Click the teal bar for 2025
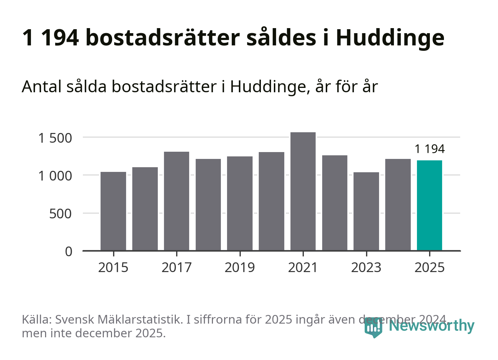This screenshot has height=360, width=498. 429,205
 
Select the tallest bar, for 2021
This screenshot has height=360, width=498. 303,191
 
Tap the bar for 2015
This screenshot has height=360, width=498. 113,211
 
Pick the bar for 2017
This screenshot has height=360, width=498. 176,201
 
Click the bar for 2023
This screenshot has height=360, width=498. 366,211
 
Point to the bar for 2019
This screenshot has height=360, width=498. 240,203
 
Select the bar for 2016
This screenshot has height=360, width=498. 145,209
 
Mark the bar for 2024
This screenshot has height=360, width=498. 398,205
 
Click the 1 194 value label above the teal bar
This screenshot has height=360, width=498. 430,149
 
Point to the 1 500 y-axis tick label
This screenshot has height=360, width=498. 55,138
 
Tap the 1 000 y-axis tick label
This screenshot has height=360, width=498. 55,176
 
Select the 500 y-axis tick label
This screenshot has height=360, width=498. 60,214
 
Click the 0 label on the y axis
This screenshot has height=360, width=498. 68,252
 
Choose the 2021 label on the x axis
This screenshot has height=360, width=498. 303,268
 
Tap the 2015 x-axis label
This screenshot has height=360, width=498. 113,268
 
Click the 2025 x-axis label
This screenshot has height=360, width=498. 430,268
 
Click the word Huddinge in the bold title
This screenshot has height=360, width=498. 390,38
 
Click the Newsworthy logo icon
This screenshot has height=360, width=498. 373,328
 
